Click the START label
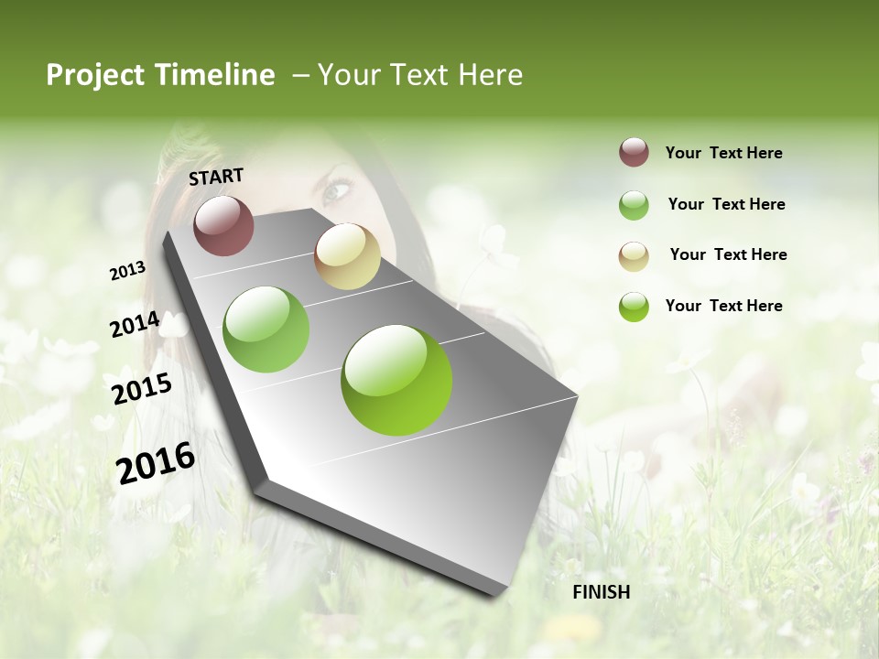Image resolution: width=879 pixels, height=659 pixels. [216, 177]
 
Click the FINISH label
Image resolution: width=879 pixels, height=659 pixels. [602, 592]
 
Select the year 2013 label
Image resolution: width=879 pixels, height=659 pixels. [127, 271]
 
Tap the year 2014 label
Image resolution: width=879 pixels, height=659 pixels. [135, 325]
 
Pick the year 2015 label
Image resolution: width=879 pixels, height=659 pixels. [142, 388]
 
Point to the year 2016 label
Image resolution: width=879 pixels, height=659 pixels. [156, 463]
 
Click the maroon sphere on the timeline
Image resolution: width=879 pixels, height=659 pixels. [223, 225]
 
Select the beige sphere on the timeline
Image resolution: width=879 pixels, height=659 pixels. [347, 256]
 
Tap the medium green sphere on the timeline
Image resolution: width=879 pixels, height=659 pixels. [266, 329]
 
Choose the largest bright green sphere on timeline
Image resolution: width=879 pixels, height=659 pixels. [396, 380]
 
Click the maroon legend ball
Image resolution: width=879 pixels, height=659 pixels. [634, 152]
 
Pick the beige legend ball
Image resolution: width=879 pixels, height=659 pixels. [634, 255]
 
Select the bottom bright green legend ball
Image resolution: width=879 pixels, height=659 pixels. [634, 307]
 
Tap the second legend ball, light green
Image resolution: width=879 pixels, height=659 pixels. [634, 204]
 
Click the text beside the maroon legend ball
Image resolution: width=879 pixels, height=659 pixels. [723, 153]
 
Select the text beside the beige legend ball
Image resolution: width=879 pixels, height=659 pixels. [728, 254]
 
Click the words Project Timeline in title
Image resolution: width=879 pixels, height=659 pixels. [160, 75]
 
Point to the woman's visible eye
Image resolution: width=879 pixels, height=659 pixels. [335, 190]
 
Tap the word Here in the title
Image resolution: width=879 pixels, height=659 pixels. [490, 75]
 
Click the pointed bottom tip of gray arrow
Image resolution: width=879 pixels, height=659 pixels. [499, 595]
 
